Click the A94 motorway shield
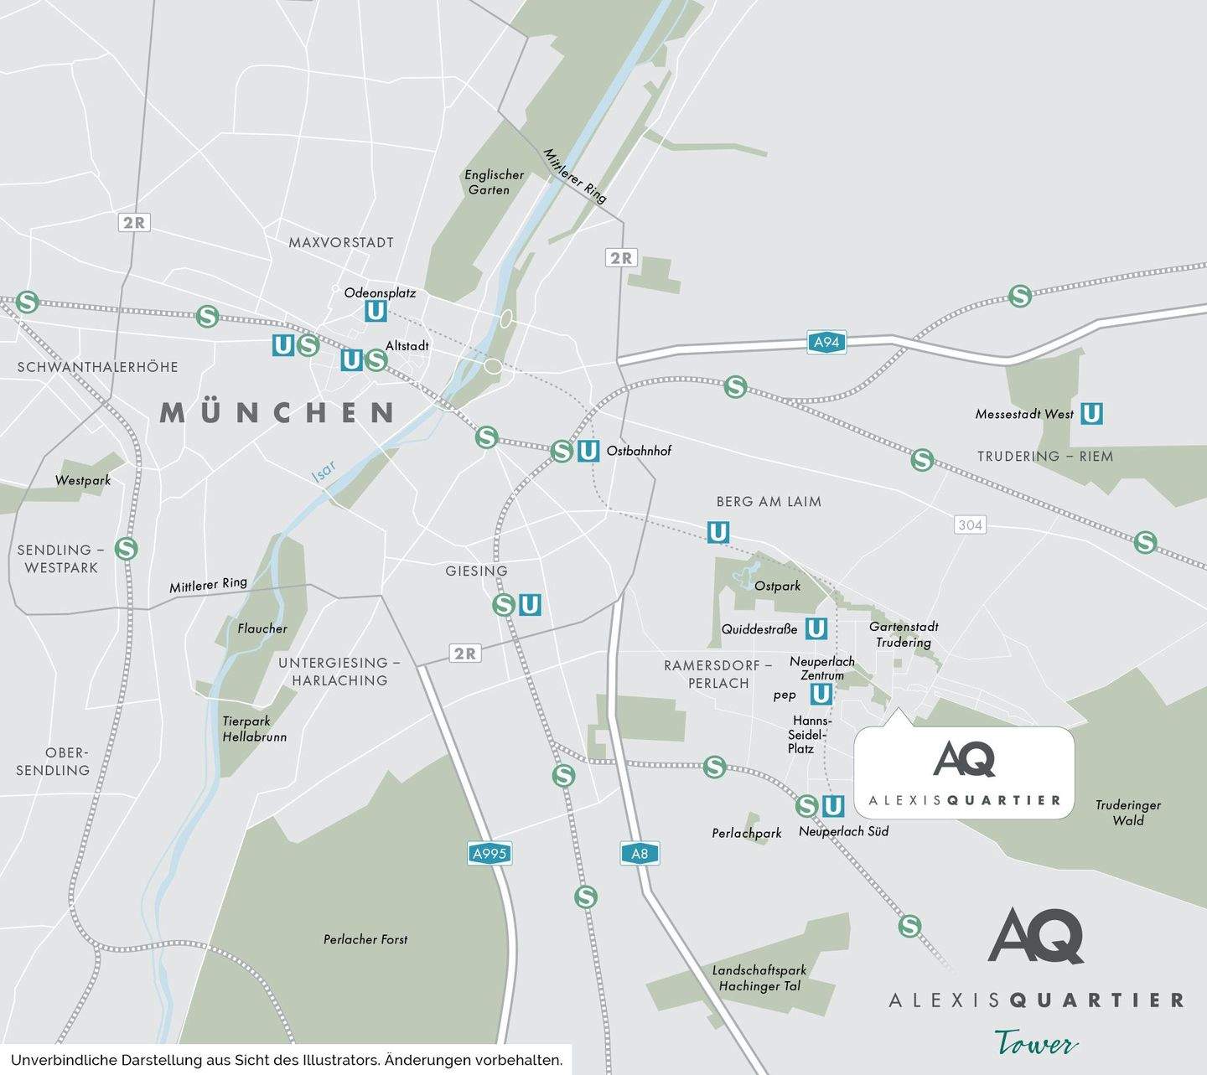pos(826,342)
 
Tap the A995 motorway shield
pos(489,854)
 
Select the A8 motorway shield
pos(640,854)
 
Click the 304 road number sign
pos(970,525)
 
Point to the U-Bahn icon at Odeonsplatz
pos(376,312)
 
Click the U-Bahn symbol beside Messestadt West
pos(1090,413)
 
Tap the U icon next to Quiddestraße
pos(816,628)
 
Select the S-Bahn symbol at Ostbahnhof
pos(562,451)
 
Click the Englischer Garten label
pos(494,182)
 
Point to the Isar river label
pos(324,472)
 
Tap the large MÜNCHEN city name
pos(277,412)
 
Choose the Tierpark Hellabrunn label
pos(254,729)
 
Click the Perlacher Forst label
pos(365,939)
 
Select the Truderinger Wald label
pos(1127,813)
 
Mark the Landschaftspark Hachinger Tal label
pos(759,978)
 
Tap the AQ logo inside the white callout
pos(964,759)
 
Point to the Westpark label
pos(83,480)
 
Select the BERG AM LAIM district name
pos(769,501)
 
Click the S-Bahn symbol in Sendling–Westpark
pos(126,549)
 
